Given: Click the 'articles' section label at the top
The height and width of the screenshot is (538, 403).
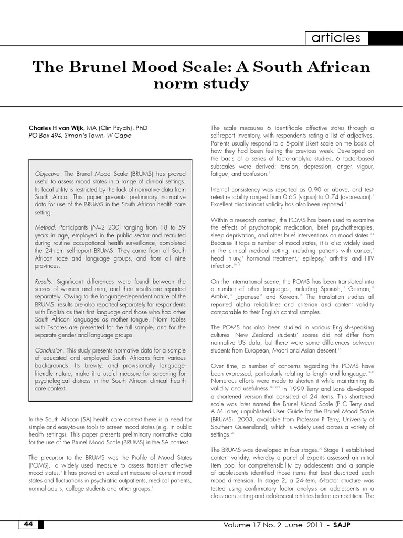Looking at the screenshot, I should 336,38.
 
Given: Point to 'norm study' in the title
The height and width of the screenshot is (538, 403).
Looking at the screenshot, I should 201,84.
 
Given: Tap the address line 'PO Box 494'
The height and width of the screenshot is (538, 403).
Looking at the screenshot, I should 45,135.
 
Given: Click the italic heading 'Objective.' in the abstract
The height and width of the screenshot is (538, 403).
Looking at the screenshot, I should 48,173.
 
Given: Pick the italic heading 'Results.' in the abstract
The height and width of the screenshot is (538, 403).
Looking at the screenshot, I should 44,282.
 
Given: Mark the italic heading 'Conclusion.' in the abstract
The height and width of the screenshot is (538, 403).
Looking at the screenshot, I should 49,349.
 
